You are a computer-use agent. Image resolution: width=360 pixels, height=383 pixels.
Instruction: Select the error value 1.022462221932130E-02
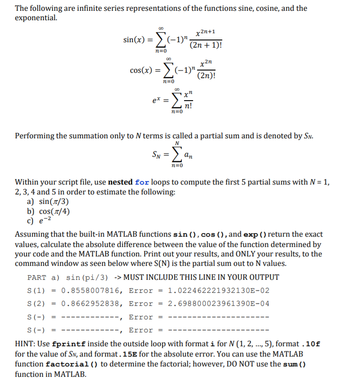tap(219, 291)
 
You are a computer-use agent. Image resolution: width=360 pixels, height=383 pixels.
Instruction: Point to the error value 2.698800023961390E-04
tap(219, 304)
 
